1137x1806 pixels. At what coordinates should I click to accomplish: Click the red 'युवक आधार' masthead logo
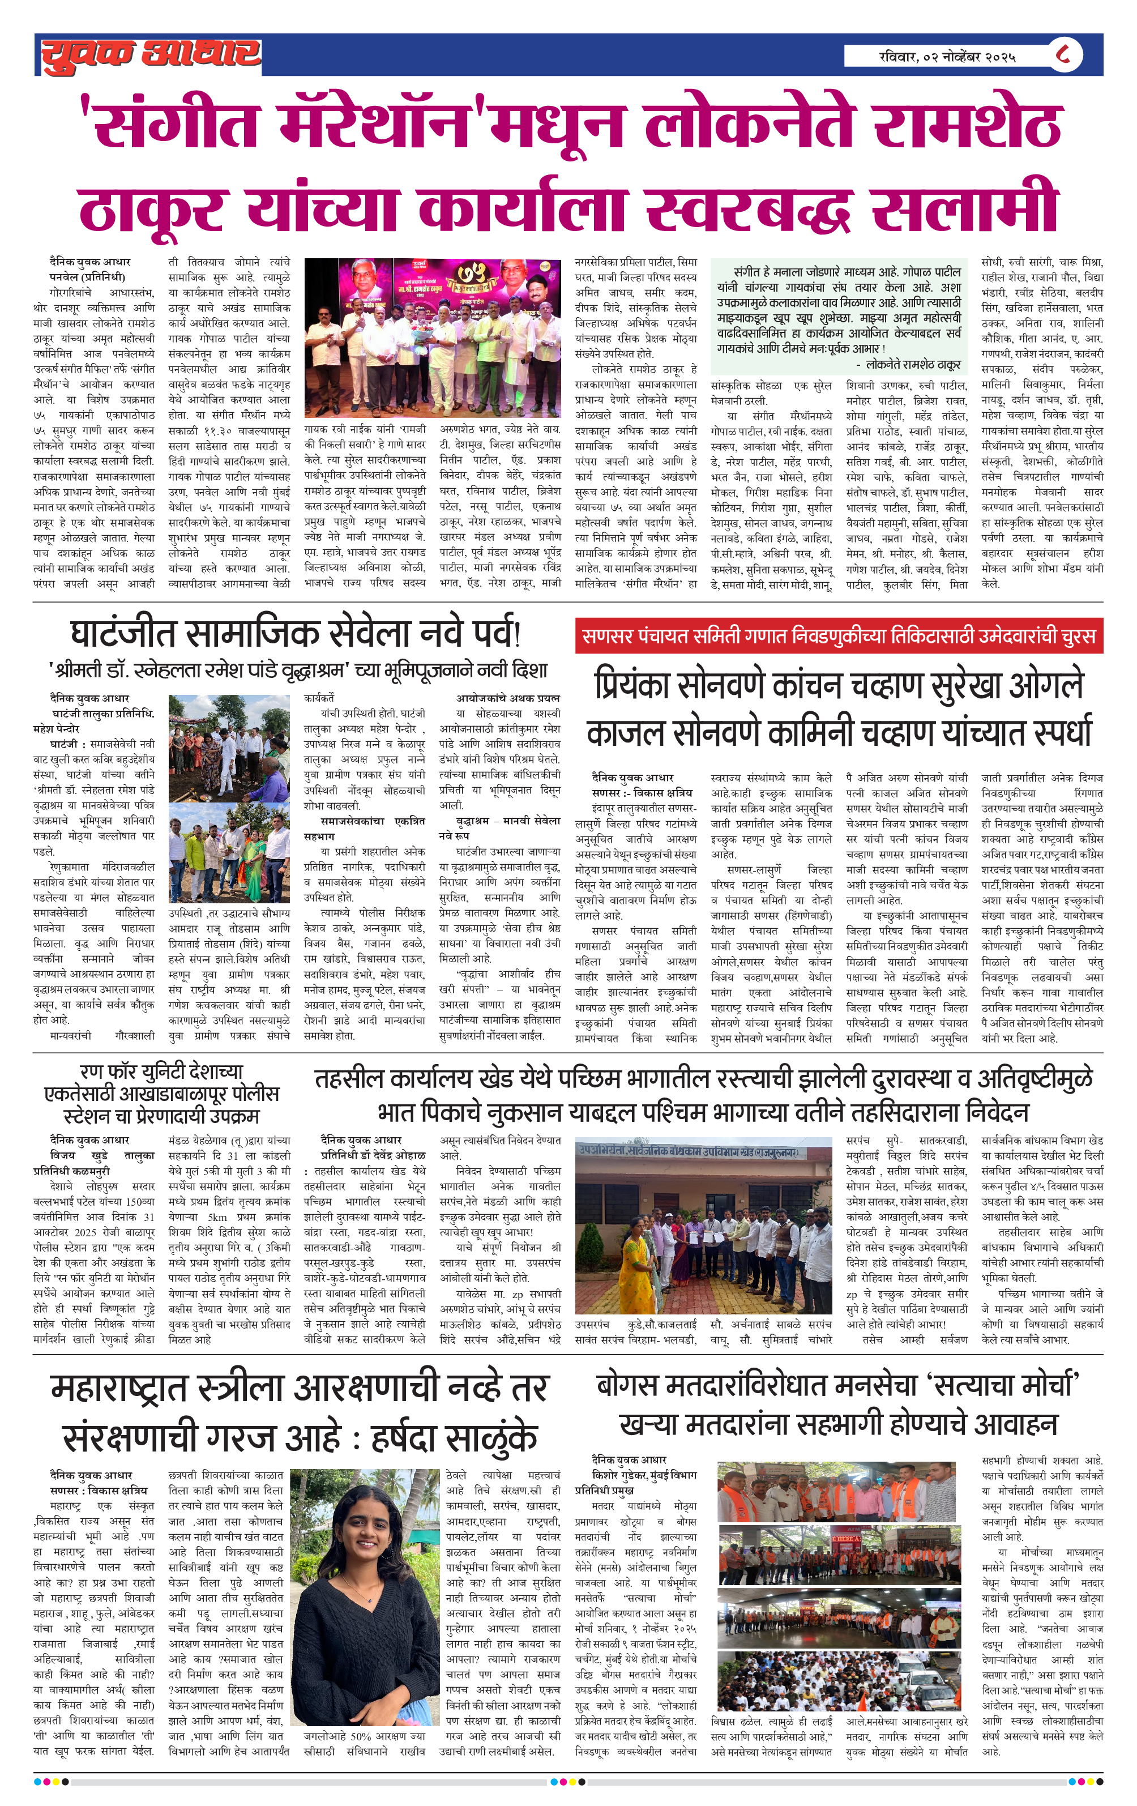(x=150, y=55)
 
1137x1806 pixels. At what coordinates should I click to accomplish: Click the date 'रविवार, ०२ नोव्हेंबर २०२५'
(x=947, y=56)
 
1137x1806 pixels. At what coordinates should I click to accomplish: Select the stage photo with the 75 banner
(x=433, y=338)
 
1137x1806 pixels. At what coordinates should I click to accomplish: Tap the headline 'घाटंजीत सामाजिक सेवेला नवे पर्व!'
(x=295, y=634)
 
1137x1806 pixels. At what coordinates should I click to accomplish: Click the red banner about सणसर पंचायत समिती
(x=839, y=636)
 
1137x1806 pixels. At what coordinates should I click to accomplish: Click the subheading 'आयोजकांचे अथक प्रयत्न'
(x=508, y=698)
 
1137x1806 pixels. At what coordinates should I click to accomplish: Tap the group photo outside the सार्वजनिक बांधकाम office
(x=703, y=1226)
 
